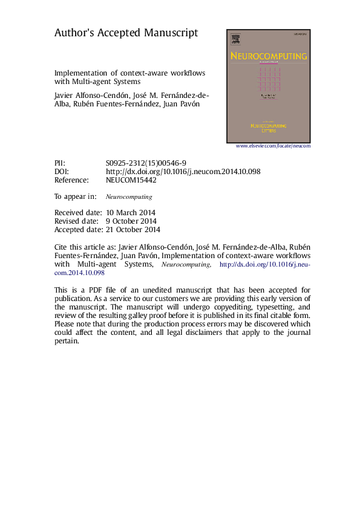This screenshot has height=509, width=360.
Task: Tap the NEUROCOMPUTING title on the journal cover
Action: click(268, 57)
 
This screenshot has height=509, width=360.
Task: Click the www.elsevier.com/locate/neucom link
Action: click(272, 146)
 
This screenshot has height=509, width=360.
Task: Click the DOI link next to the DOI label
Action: click(183, 172)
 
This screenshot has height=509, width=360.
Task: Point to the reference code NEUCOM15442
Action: click(131, 180)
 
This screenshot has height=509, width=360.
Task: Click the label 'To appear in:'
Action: click(75, 196)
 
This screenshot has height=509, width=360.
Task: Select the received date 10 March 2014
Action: click(131, 213)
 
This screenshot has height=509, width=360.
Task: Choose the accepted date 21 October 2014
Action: click(133, 230)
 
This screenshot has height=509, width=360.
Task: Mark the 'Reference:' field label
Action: click(71, 180)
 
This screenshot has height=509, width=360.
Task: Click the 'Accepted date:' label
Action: click(78, 230)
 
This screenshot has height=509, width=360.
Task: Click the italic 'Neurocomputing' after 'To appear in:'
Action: click(129, 197)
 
